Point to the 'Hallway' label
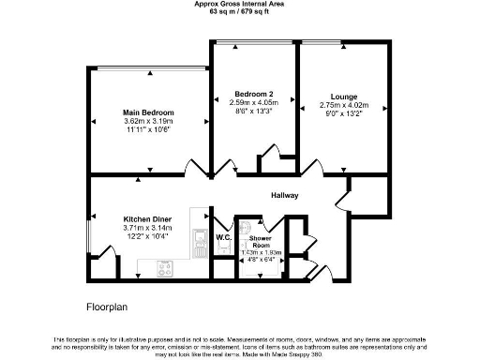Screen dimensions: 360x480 coord(284,196)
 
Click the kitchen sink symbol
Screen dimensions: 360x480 coord(198,246)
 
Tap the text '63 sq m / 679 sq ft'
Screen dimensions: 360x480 coord(239,13)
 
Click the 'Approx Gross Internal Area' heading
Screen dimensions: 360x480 coord(239,5)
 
